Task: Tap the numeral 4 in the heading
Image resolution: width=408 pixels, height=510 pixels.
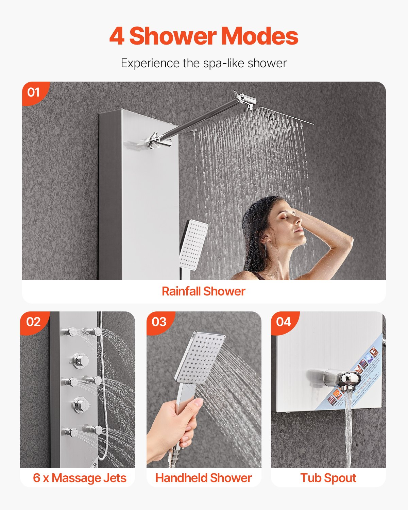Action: (117, 36)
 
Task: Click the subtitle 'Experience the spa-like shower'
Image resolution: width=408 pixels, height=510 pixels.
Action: (204, 63)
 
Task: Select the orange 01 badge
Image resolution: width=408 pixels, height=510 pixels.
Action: (33, 92)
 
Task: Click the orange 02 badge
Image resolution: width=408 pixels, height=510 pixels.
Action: (33, 322)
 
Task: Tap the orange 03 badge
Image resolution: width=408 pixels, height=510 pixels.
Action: (159, 322)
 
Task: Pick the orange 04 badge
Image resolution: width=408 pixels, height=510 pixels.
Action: (284, 322)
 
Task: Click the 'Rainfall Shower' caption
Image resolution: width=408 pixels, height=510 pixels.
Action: (203, 291)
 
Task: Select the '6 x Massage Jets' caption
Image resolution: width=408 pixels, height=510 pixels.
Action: (80, 478)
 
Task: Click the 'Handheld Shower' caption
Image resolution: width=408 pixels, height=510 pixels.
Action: (203, 478)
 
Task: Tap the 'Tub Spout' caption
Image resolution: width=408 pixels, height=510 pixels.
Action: (328, 478)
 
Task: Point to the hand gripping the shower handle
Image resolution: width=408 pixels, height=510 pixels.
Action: (173, 425)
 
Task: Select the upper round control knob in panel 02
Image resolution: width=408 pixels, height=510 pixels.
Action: (81, 361)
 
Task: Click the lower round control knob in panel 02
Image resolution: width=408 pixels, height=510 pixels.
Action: (81, 405)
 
